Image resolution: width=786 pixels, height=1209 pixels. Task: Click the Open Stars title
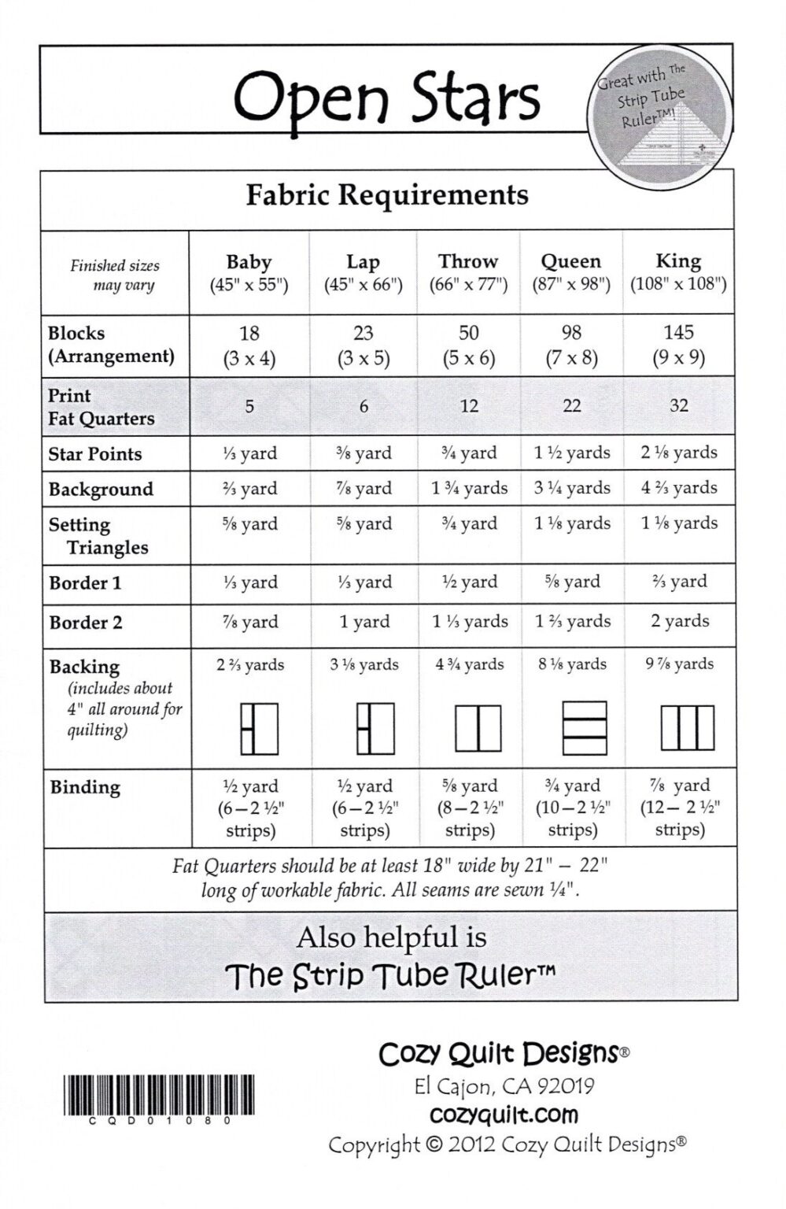pos(386,98)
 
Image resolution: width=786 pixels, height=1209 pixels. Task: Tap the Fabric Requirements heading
pos(386,194)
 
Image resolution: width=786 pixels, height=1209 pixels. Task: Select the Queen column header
pos(571,272)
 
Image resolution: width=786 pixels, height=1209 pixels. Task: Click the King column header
pos(678,272)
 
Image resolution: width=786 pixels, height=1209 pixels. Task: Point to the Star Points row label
pos(95,454)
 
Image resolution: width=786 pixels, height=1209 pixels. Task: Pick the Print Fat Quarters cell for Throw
pos(469,406)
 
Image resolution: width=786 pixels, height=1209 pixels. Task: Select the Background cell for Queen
pos(572,488)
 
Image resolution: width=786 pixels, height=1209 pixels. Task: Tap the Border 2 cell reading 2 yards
pos(679,621)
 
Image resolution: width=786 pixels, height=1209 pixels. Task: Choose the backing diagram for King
pos(687,728)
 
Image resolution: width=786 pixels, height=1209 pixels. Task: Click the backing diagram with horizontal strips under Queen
pos(585,728)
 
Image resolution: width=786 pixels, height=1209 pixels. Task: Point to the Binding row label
pos(85,787)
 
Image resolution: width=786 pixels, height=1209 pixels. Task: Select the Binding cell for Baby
pos(250,808)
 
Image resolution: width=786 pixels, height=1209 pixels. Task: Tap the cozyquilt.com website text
pos(504,1115)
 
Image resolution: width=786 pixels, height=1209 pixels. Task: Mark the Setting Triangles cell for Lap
pos(363,523)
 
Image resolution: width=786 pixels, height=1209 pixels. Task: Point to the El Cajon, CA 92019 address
pos(504,1086)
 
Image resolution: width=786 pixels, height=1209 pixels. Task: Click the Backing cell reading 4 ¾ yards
pos(470,664)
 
